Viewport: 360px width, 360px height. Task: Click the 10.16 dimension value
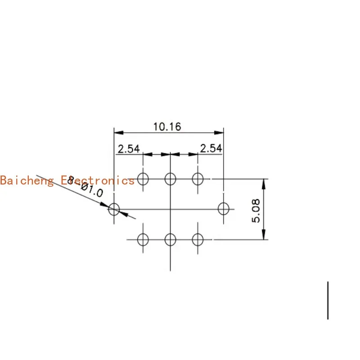pos(167,126)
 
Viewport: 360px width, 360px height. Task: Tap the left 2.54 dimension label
pos(129,148)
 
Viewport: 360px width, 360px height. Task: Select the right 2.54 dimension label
pos(211,148)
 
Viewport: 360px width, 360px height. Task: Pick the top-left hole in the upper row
pos(143,179)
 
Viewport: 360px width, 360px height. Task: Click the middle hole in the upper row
pos(170,179)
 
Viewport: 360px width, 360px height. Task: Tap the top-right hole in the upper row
pos(198,179)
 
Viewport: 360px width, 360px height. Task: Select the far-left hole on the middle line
pos(114,209)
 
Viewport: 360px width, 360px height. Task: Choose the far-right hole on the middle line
pos(223,209)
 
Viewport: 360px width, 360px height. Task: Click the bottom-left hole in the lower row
pos(143,239)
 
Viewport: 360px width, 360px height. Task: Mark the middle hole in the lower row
pos(170,239)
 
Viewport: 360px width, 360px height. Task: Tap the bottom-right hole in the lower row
pos(198,239)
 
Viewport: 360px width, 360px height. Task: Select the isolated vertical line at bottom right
pos(328,300)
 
